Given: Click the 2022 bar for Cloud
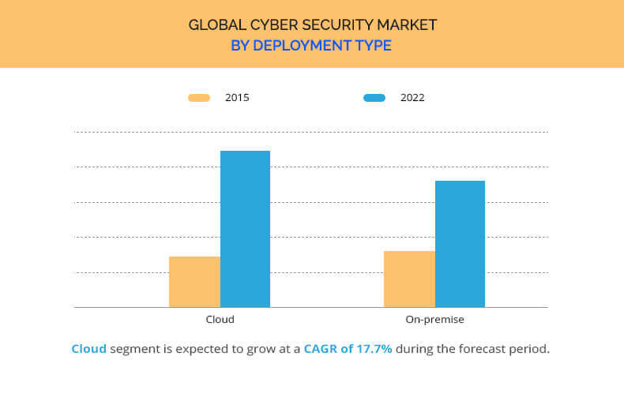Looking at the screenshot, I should pyautogui.click(x=245, y=229).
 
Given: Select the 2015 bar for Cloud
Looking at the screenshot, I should pyautogui.click(x=194, y=282).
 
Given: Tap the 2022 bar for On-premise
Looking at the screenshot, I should pyautogui.click(x=460, y=244).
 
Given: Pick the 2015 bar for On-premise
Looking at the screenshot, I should pyautogui.click(x=409, y=279).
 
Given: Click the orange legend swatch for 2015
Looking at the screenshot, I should pyautogui.click(x=199, y=98).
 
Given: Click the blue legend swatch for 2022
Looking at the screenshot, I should pyautogui.click(x=374, y=98).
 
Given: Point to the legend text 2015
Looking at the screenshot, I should pyautogui.click(x=237, y=98).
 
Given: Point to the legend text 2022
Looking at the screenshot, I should pyautogui.click(x=412, y=98).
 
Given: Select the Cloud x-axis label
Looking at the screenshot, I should pyautogui.click(x=220, y=320).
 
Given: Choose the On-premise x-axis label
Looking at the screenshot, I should pyautogui.click(x=434, y=320).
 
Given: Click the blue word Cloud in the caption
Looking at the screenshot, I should pyautogui.click(x=88, y=349).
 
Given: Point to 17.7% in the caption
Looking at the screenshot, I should pyautogui.click(x=374, y=349).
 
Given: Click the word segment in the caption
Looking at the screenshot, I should pyautogui.click(x=134, y=349).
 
